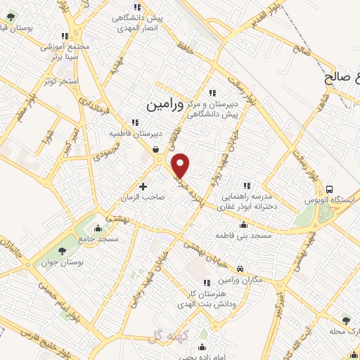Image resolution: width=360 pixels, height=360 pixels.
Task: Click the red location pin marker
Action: tap(181, 166)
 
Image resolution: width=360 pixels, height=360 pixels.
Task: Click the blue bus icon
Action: tap(330, 188)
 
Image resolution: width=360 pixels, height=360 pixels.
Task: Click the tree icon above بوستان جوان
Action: tap(62, 250)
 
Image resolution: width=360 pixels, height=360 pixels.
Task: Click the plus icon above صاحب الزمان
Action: tap(143, 187)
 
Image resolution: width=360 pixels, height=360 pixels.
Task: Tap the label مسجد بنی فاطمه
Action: tap(243, 235)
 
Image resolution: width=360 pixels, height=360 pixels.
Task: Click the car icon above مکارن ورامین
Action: tap(240, 269)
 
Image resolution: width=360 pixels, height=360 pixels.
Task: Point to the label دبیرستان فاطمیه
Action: tap(136, 132)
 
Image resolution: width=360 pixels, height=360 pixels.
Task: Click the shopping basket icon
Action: tap(155, 149)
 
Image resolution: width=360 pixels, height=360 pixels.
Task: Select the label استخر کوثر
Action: tap(60, 82)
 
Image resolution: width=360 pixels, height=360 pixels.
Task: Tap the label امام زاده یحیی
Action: tap(202, 357)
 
